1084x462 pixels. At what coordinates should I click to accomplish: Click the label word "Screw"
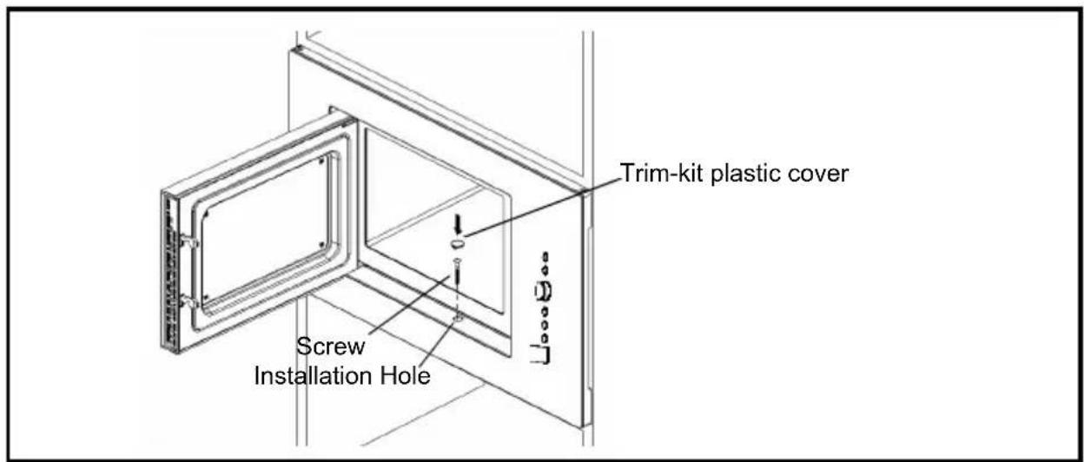tap(331, 346)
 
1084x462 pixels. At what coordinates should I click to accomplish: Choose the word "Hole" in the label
tap(405, 376)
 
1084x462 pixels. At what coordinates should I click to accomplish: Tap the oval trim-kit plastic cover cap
tap(457, 243)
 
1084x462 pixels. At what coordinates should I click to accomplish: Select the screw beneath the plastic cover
tap(457, 274)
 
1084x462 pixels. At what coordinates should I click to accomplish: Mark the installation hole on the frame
tap(458, 319)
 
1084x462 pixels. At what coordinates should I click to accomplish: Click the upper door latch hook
tap(189, 241)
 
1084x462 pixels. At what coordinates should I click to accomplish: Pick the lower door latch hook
tap(189, 302)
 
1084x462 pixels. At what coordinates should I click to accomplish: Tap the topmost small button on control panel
tap(545, 256)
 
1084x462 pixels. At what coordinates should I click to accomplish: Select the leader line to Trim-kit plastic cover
tap(542, 207)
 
